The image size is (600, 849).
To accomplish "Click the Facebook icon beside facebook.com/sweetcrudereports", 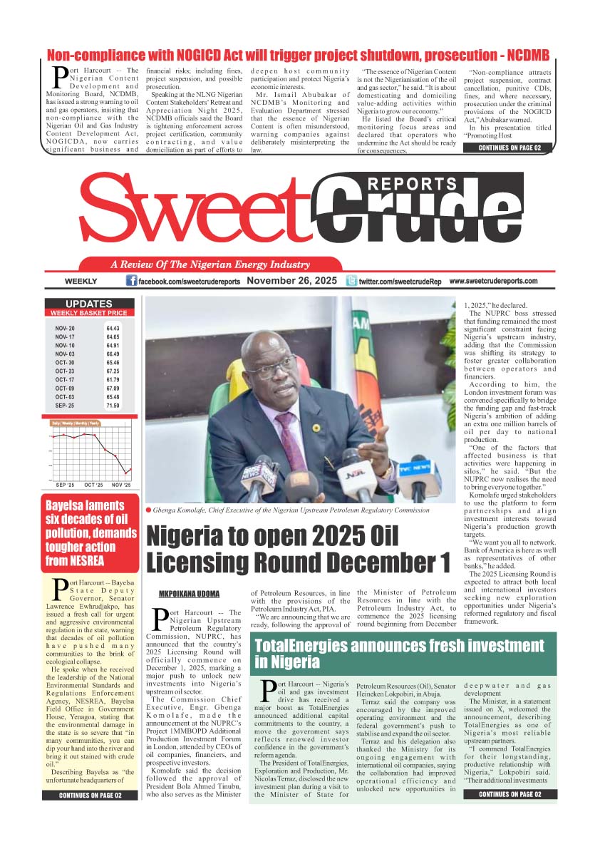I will tap(131, 282).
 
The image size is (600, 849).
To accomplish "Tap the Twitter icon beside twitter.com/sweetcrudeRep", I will tap(351, 282).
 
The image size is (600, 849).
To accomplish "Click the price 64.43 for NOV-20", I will tap(113, 328).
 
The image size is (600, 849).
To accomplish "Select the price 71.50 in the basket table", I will tap(113, 405).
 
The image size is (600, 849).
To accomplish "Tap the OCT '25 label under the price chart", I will tap(93, 485).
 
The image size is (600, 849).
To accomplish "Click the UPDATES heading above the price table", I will tap(89, 304).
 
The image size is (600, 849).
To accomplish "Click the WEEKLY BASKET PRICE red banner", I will tap(89, 313).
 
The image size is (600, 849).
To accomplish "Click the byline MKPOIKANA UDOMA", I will tap(190, 594).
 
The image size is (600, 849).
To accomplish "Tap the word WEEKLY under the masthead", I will tap(80, 282).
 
